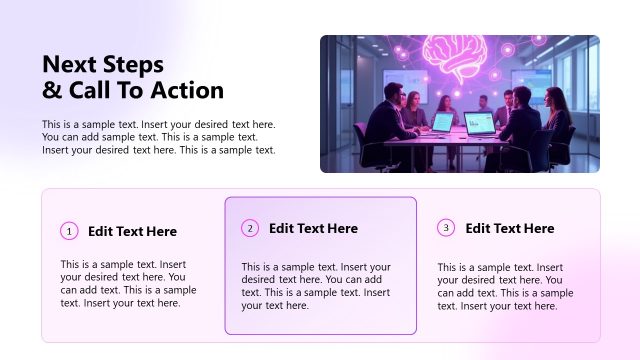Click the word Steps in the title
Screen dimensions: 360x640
tap(133, 65)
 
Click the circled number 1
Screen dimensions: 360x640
tap(69, 231)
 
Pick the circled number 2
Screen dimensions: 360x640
tap(250, 228)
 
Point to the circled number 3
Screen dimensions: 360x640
tap(446, 227)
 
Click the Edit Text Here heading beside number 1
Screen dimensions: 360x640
tap(132, 231)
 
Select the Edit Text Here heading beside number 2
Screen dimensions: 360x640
tap(313, 228)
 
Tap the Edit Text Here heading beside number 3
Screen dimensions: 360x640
tap(509, 227)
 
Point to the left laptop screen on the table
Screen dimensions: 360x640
tap(441, 122)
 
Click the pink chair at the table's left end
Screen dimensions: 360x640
tap(362, 140)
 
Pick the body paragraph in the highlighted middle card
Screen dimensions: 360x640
tap(319, 286)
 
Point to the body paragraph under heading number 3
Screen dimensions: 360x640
tap(505, 287)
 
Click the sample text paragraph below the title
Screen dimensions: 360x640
tap(158, 137)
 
